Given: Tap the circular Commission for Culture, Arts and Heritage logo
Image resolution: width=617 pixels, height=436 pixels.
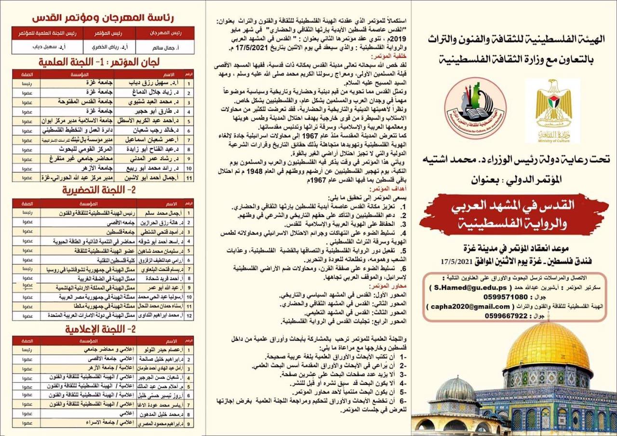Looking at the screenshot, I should tap(475, 108).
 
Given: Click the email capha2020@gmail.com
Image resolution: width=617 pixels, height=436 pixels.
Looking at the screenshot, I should tap(457, 306).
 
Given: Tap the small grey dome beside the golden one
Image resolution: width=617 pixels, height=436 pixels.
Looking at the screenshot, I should tap(454, 390).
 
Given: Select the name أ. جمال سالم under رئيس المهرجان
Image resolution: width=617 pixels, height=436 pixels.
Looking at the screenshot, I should tap(158, 47).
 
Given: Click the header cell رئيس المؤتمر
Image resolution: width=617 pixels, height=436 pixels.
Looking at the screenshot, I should tap(108, 33).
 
